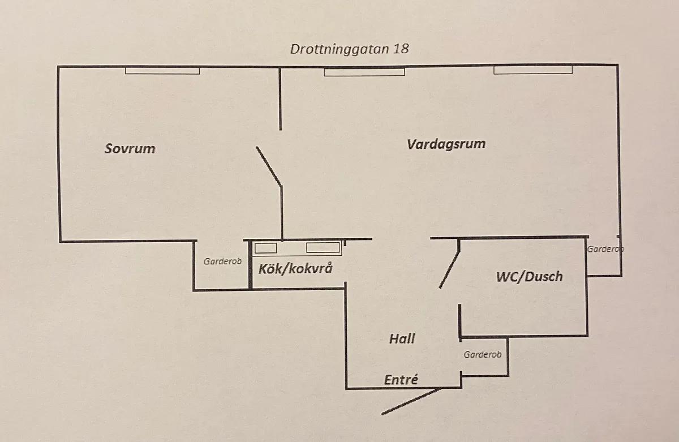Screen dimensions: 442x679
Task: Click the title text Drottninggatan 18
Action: pos(349,49)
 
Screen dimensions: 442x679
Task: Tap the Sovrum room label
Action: pos(130,149)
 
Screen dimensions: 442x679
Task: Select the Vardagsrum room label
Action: pos(446,144)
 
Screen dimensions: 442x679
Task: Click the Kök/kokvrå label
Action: pos(295,268)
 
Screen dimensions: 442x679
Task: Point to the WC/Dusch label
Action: pos(529,277)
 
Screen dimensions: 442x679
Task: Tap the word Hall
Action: pos(402,338)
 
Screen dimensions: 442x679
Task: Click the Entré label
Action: pos(401,380)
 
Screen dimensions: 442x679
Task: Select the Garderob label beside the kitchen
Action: pos(223,261)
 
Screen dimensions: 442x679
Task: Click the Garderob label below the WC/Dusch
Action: pos(483,355)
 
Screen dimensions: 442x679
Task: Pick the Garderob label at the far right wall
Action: pos(605,249)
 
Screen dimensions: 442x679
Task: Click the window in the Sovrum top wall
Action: pos(162,71)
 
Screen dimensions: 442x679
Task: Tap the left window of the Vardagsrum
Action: pos(364,72)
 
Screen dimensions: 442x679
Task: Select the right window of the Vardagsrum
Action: pos(532,70)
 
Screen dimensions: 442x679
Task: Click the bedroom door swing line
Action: pos(269,166)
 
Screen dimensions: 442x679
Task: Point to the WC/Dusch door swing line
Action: pos(450,263)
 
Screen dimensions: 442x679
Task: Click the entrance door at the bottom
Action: pos(410,401)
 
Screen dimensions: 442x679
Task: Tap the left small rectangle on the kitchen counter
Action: pos(265,247)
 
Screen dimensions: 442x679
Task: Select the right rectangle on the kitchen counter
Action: pos(323,247)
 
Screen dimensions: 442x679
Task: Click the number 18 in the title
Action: pos(401,49)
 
